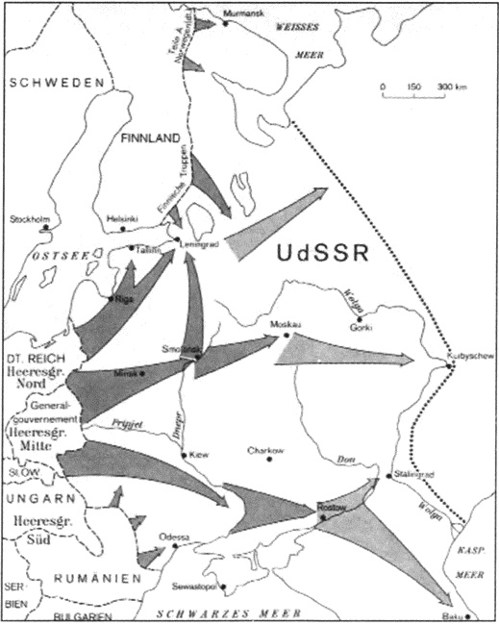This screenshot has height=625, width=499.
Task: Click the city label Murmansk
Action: click(240, 12)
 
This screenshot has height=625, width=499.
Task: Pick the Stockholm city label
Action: click(29, 218)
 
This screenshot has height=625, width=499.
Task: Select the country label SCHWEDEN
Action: click(56, 85)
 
